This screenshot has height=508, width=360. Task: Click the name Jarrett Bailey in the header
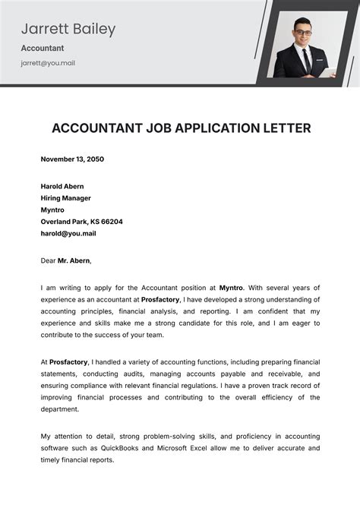point(68,30)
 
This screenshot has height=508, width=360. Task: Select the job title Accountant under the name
point(43,48)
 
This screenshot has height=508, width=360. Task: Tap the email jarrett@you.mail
point(48,63)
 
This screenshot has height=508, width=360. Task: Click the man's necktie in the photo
point(304,56)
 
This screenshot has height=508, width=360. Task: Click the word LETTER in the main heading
point(284,128)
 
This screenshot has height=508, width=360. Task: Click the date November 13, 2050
point(72,159)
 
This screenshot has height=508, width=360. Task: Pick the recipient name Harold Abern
point(62,186)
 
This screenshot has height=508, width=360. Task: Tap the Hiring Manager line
point(66,197)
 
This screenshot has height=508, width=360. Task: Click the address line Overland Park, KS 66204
point(81,222)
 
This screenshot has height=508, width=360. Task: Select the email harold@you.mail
point(68,233)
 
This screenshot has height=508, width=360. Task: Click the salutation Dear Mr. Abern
point(66,260)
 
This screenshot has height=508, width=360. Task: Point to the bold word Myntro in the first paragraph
point(231,288)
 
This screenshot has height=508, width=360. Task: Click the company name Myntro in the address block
point(52,210)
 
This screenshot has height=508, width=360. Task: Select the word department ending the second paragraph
point(59,409)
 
